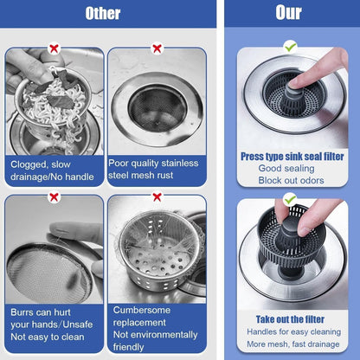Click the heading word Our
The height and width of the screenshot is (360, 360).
click(x=288, y=14)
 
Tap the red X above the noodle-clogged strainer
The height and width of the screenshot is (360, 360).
click(x=54, y=48)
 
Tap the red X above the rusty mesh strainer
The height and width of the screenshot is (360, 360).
click(x=157, y=48)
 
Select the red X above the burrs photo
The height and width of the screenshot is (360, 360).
click(x=54, y=196)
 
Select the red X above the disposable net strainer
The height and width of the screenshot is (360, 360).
click(x=157, y=196)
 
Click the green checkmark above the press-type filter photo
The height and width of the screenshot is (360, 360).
click(x=290, y=46)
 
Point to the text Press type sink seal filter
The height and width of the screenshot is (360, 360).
click(x=291, y=156)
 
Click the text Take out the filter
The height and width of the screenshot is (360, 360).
click(x=291, y=318)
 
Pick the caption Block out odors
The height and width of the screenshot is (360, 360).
click(x=291, y=180)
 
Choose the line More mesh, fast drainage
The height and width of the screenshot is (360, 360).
click(x=291, y=344)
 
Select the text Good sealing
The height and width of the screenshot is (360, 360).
click(x=291, y=168)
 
